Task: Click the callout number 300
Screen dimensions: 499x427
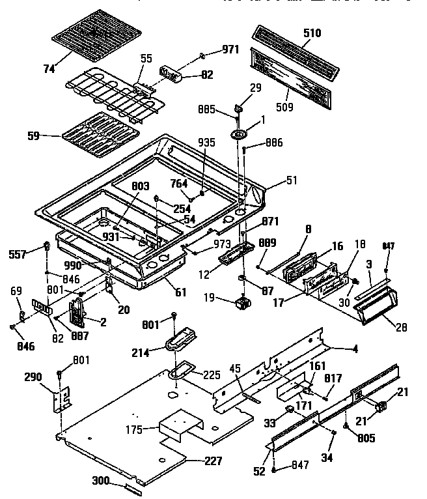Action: [x=101, y=481]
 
